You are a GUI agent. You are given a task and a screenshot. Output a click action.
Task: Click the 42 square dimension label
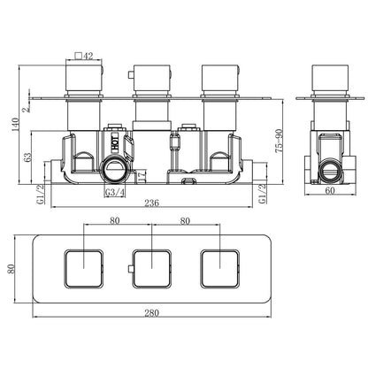pos(84,56)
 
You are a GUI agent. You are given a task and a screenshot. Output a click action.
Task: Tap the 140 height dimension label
pos(15,125)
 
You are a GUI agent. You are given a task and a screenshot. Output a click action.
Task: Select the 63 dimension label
pos(27,157)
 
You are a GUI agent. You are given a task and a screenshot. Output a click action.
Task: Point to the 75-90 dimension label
pos(279,141)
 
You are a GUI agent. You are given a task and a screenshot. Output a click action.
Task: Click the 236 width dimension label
pos(151,203)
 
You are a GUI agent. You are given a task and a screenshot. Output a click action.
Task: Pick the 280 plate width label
pos(151,313)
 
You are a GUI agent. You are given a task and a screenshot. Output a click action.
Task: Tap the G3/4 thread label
pos(115,193)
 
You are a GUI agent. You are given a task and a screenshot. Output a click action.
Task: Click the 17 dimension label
pos(142,176)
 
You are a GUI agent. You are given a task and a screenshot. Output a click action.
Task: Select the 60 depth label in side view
pos(330,191)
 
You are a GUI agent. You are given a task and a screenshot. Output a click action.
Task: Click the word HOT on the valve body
pos(115,142)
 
